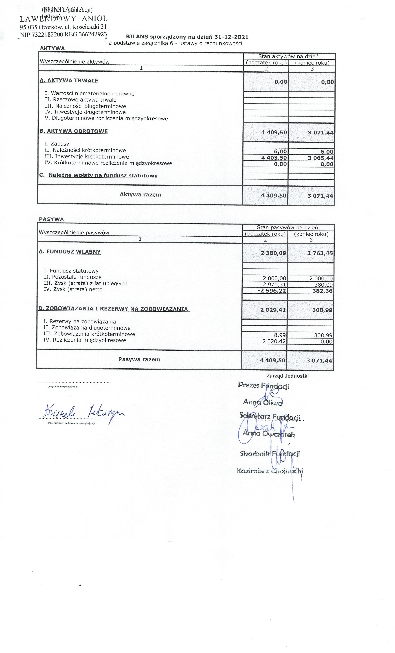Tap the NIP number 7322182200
(47, 34)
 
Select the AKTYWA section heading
(52, 48)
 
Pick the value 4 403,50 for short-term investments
(274, 158)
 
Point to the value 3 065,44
(320, 158)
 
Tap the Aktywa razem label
(140, 195)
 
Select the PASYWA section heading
(51, 219)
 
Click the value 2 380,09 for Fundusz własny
(273, 253)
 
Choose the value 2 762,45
(320, 253)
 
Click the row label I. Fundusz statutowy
(71, 271)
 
